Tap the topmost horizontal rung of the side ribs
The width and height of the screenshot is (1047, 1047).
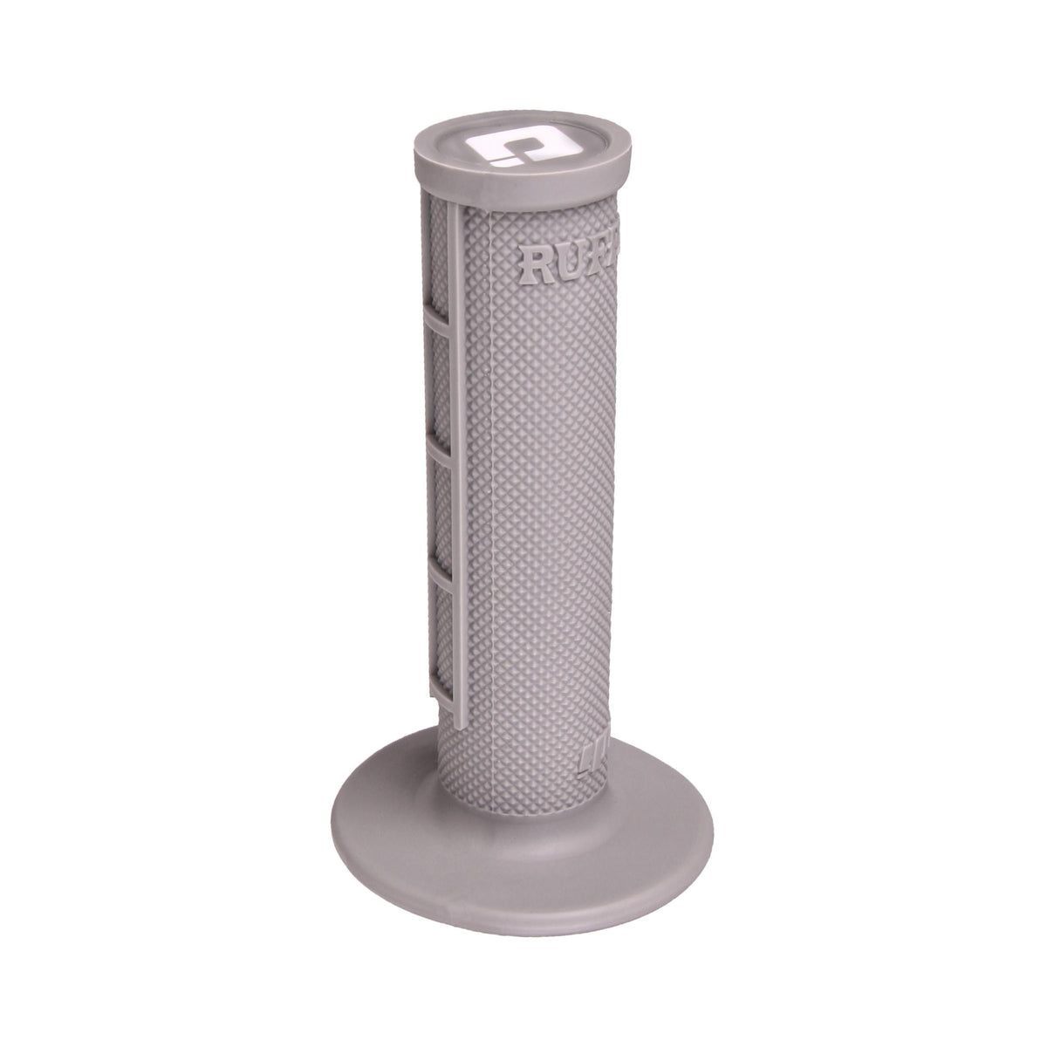pos(437,321)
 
